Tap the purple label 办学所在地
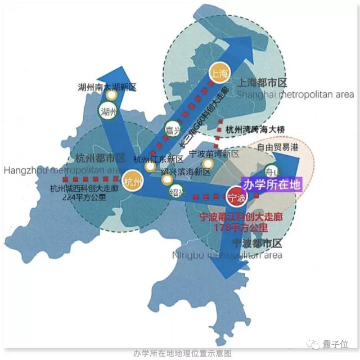coord(271,184)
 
